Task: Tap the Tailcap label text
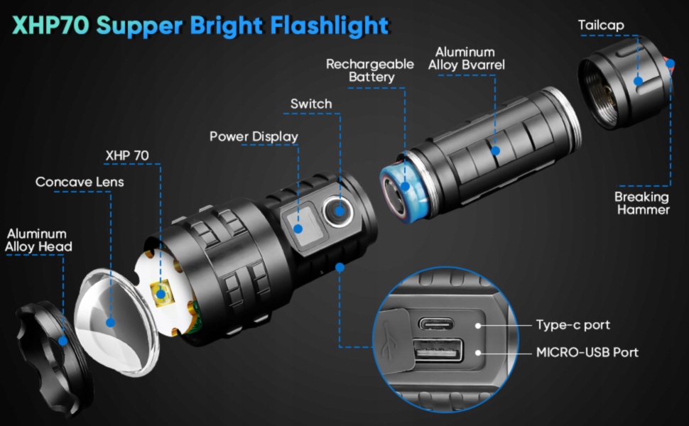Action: click(601, 26)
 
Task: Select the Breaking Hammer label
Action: click(641, 203)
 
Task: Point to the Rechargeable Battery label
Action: click(369, 70)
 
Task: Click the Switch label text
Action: click(311, 104)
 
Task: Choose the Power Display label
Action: click(254, 136)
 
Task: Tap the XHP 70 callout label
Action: click(127, 155)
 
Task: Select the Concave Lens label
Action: click(80, 182)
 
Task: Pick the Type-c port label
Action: click(573, 325)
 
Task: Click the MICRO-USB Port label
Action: click(587, 352)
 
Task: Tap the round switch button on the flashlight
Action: click(338, 210)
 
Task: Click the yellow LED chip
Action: click(161, 293)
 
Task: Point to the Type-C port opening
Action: click(439, 324)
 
